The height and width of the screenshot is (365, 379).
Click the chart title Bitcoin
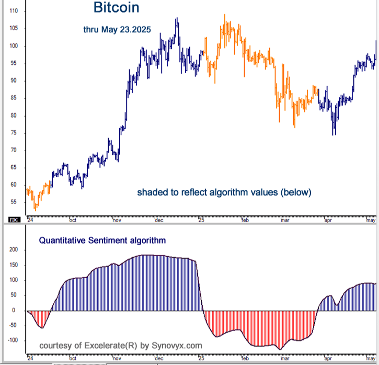[x=116, y=8]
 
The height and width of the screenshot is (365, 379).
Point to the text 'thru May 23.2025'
[x=117, y=30]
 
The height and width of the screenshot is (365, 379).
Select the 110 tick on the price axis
[x=14, y=11]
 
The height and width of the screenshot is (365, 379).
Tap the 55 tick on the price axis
[x=14, y=202]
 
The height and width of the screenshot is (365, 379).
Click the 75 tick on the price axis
[x=14, y=133]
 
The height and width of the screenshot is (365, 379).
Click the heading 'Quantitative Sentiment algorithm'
[x=102, y=241]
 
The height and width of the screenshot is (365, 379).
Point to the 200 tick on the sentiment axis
[x=13, y=250]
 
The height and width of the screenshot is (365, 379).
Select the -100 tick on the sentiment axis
[x=12, y=340]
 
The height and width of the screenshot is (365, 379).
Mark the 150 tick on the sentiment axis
[x=13, y=265]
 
